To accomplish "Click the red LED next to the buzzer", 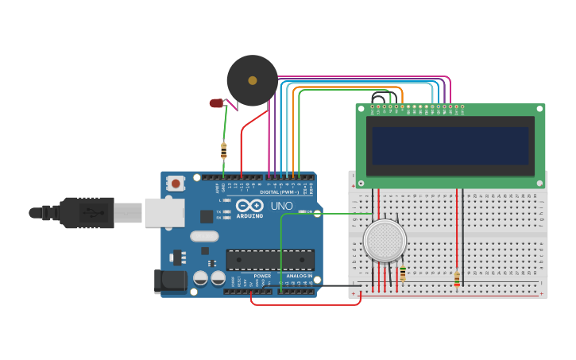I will point(217,103).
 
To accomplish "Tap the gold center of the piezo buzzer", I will point(253,80).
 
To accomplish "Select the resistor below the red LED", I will point(223,151).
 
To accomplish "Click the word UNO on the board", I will point(282,206).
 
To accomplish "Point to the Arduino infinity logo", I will point(249,206).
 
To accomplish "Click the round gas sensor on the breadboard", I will point(385,240).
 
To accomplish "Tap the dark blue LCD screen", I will point(450,145).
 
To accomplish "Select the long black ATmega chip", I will point(270,259).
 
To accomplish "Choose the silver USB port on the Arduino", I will point(164,212).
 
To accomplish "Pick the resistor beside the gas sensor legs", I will point(403,273).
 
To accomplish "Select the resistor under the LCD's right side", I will point(456,278).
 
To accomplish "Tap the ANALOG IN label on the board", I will point(299,276).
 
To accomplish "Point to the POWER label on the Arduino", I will point(263,276).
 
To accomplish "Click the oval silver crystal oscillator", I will point(204,235).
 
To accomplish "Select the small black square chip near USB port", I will point(207,215).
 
